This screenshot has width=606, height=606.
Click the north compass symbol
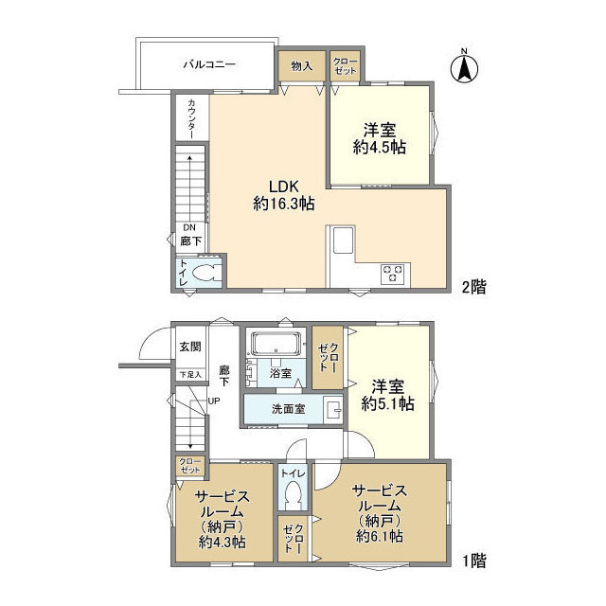click(464, 67)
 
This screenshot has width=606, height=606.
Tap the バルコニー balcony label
click(209, 64)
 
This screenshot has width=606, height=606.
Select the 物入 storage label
click(302, 66)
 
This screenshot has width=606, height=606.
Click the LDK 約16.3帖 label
click(284, 195)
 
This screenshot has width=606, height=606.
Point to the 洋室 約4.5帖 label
click(379, 139)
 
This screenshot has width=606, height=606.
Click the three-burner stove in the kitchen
click(392, 274)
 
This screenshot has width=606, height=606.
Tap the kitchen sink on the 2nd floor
click(344, 240)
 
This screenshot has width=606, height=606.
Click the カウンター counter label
click(191, 119)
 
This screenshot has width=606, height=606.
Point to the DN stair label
click(189, 227)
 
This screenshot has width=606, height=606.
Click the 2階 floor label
click(474, 287)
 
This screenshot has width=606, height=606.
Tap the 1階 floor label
click(474, 561)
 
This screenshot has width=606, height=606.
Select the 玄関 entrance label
click(190, 347)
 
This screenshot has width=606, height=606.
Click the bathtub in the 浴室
click(276, 344)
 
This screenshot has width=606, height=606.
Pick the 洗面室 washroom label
click(289, 409)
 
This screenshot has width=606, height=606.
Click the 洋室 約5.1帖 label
click(387, 396)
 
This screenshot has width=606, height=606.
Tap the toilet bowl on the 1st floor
click(293, 492)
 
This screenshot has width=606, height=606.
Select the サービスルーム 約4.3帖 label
click(223, 520)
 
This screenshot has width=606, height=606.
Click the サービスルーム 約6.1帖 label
click(380, 513)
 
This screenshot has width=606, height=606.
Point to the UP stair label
click(214, 401)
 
